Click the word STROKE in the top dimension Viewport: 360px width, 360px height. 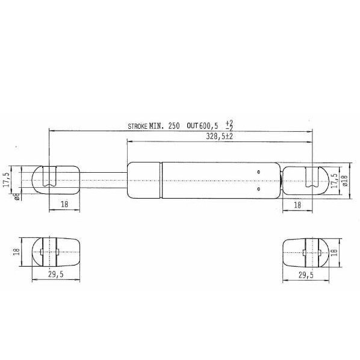(x=137, y=126)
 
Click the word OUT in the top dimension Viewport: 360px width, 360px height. (x=193, y=126)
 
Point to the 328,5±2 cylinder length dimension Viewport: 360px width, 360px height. (x=219, y=137)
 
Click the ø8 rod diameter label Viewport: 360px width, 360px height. (x=17, y=196)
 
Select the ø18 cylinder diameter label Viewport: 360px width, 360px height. (x=345, y=180)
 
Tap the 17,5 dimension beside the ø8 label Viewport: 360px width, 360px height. (x=7, y=179)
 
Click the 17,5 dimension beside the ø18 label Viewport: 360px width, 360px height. (x=334, y=179)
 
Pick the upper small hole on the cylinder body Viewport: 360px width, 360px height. (x=259, y=172)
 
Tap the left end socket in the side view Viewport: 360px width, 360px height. (x=55, y=179)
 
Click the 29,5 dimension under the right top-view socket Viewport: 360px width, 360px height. (x=305, y=275)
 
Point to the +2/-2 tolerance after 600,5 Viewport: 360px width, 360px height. (x=229, y=125)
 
